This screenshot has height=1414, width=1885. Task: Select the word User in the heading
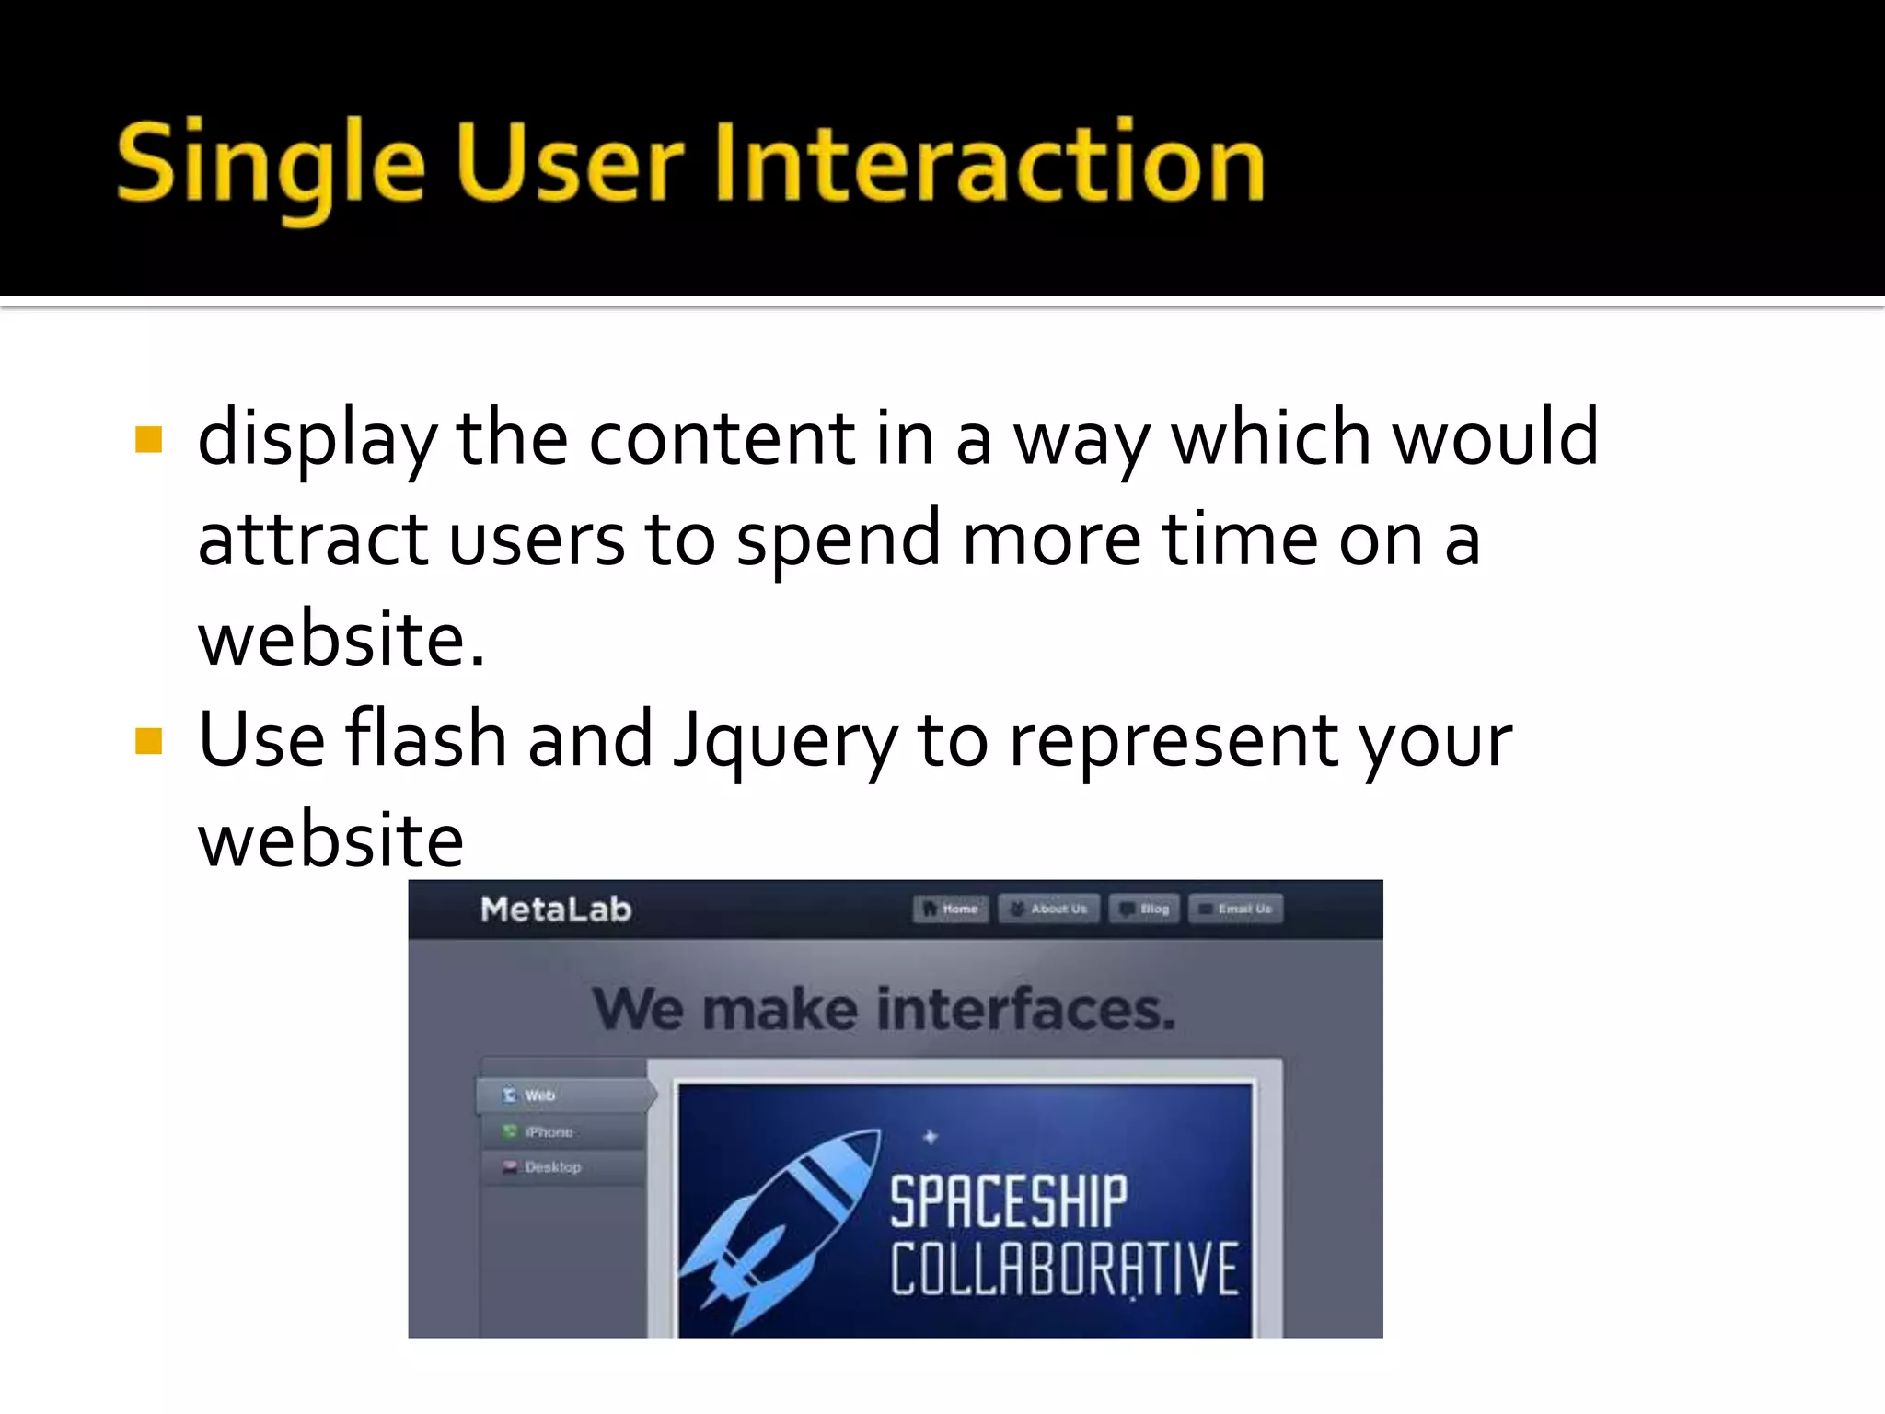(569, 164)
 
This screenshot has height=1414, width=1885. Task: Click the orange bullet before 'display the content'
(148, 440)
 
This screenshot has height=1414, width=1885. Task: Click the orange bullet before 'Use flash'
(148, 741)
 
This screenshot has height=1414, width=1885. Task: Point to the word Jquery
(784, 742)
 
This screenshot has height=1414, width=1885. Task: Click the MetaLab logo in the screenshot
(556, 910)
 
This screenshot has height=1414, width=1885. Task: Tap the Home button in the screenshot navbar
(951, 909)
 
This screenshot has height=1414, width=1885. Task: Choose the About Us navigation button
(1048, 909)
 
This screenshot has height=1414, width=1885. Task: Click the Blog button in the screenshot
(1144, 909)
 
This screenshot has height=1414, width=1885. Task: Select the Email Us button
(1235, 909)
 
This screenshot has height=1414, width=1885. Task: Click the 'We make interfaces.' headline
(884, 1009)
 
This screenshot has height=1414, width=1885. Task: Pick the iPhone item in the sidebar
(549, 1131)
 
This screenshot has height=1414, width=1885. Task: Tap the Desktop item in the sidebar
(552, 1167)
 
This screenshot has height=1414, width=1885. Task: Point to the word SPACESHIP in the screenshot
(1008, 1201)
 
